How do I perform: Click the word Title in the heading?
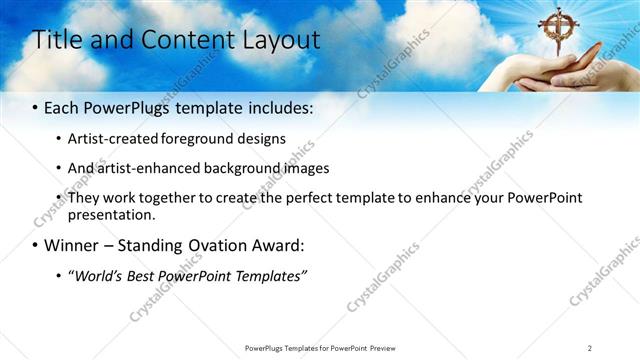pos(59,40)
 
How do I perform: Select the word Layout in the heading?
pos(282,41)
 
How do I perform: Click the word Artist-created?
pos(108,139)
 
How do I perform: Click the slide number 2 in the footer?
pos(590,348)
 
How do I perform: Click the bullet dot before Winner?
pos(35,245)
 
